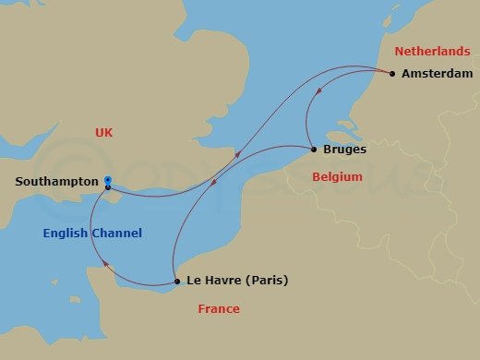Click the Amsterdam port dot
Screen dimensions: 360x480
click(392, 74)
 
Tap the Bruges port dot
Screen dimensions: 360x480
click(314, 150)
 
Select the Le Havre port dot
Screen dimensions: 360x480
click(176, 282)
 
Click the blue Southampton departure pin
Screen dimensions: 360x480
click(108, 182)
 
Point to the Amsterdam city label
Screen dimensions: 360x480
click(435, 74)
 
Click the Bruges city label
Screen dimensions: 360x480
click(345, 150)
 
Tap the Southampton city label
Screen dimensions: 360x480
click(56, 182)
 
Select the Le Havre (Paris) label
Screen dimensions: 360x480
click(237, 282)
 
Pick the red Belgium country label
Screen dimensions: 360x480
click(337, 176)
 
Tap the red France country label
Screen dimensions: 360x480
click(219, 309)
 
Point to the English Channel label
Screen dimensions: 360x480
click(92, 234)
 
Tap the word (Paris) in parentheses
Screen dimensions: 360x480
click(267, 282)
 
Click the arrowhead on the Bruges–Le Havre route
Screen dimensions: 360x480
click(215, 182)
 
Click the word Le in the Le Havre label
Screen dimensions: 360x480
click(193, 282)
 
